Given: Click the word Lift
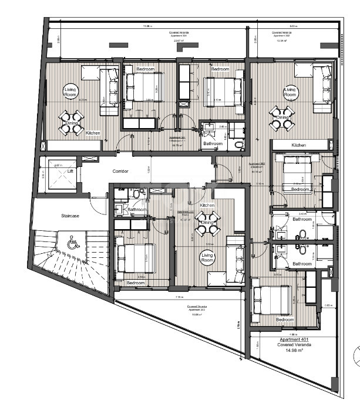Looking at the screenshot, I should coord(70,171).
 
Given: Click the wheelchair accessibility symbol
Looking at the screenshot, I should coord(73,241).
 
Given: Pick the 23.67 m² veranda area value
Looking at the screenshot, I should coord(177,40).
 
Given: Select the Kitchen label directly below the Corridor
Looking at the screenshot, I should coord(207,205).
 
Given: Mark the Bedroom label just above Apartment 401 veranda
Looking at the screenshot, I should coord(285,320).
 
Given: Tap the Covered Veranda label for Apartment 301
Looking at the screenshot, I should coord(177,32).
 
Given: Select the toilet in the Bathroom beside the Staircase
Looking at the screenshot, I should coord(136,193).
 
